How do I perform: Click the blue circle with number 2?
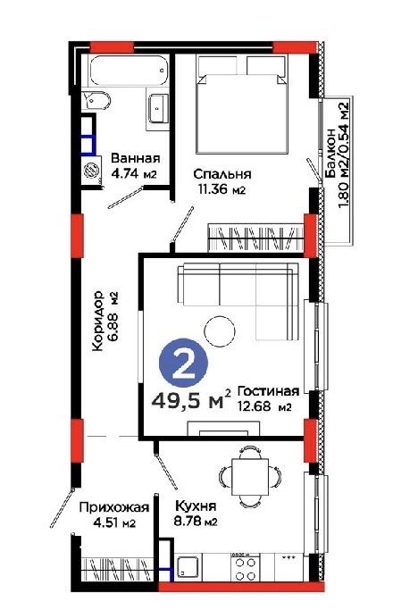click(183, 364)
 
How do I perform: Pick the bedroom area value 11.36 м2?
click(221, 189)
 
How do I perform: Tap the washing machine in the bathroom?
click(91, 171)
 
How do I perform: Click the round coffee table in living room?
click(219, 334)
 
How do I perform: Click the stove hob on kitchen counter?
click(243, 566)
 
